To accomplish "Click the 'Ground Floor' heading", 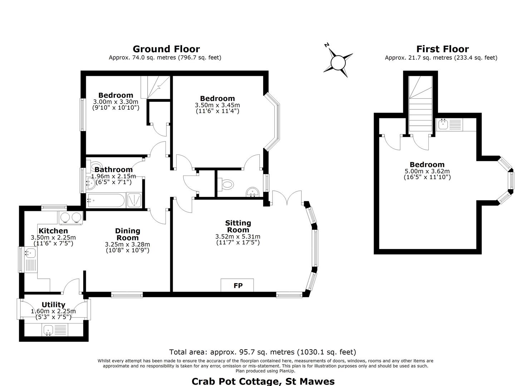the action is pos(166,49).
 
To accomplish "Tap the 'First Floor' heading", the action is pos(443,49).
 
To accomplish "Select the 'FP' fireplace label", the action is pos(238,286).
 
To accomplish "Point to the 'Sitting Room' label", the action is pos(238,226).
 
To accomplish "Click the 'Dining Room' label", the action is pos(128,234).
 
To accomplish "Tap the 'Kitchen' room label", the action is pos(53,231).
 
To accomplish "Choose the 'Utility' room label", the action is pos(53,305).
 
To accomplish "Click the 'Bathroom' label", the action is pos(114,169).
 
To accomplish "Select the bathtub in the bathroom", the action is pos(106,201).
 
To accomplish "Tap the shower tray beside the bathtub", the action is pos(134,200).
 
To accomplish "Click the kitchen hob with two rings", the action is pos(71,217).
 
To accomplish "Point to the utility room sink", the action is pos(54,330).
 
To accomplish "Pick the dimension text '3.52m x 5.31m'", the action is pos(238,236).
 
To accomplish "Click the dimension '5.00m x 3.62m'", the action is pos(427,171).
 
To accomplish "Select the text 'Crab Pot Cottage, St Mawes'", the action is pos(263,381).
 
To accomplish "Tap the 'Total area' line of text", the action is pos(263,352).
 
